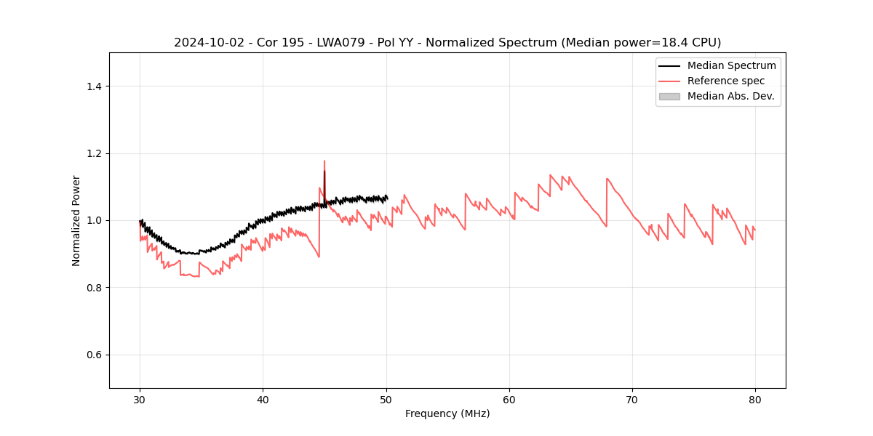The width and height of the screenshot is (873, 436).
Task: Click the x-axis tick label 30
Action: click(x=140, y=399)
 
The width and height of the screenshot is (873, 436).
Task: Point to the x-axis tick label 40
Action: click(x=263, y=399)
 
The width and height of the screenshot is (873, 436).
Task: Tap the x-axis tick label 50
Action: click(x=386, y=399)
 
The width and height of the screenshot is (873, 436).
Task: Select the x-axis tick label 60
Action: click(x=509, y=399)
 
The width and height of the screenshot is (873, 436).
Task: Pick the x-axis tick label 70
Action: click(x=632, y=399)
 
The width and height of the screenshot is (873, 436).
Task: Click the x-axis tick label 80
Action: click(x=755, y=399)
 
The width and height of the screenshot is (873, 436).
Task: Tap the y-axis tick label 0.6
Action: click(x=93, y=355)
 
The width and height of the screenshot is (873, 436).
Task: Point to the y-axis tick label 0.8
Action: click(x=93, y=288)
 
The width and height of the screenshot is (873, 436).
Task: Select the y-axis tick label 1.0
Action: click(x=93, y=220)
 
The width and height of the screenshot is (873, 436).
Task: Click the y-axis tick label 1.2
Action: click(x=93, y=153)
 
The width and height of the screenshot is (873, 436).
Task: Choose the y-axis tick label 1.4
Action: click(x=93, y=86)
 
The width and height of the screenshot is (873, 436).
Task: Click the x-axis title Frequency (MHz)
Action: click(x=447, y=413)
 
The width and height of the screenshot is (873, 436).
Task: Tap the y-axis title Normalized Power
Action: click(x=76, y=220)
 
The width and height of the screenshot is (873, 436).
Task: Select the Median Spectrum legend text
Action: click(x=731, y=65)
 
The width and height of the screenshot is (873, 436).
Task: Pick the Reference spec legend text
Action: click(x=725, y=81)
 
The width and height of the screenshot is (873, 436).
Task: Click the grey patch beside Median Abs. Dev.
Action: click(x=669, y=96)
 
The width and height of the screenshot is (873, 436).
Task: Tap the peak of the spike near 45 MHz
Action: click(x=324, y=161)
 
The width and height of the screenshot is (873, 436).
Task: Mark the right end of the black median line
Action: click(x=387, y=198)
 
